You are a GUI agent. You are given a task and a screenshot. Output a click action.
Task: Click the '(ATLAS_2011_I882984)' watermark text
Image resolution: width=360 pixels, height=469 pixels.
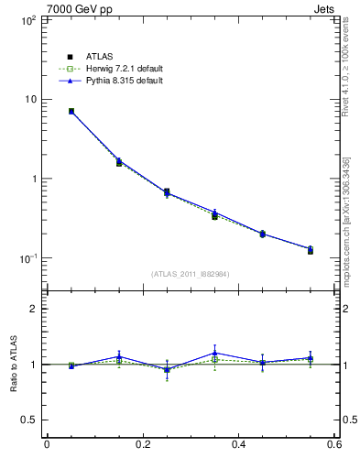pos(190,274)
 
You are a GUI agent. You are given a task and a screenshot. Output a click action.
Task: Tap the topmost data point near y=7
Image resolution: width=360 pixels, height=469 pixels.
pos(71,111)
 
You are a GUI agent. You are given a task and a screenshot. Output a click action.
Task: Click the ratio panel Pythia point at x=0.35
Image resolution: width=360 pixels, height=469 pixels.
pos(214,353)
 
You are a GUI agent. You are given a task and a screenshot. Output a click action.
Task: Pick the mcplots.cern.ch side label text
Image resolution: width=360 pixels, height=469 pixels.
pos(347,220)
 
